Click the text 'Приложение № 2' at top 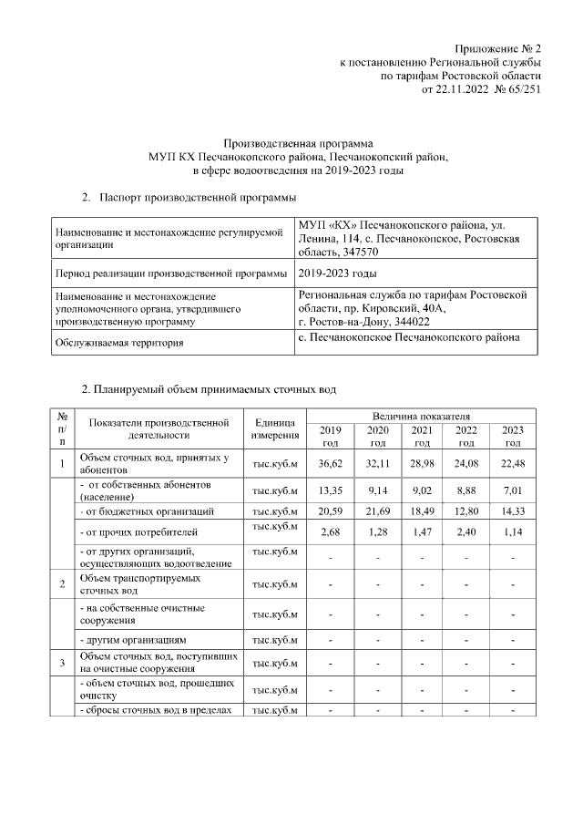coord(499,47)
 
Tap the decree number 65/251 coord(517,90)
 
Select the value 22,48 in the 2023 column coord(513,463)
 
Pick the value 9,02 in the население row coord(422,491)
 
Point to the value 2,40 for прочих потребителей coord(466,531)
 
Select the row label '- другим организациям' coord(133,641)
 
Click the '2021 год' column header coord(422,436)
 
